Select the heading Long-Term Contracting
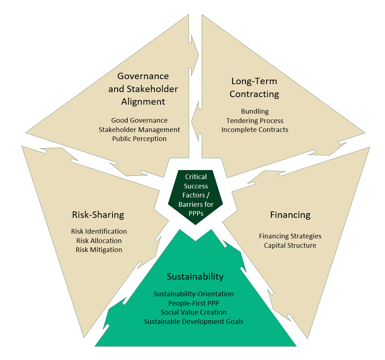click(x=254, y=87)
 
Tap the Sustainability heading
click(x=195, y=277)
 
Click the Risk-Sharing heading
click(x=98, y=215)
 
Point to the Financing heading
click(x=290, y=215)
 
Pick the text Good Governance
click(x=139, y=121)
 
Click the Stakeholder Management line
click(x=139, y=130)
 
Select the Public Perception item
click(x=139, y=139)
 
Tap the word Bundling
click(x=255, y=111)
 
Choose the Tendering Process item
click(x=255, y=121)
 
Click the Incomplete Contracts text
click(x=255, y=130)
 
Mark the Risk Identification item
click(x=99, y=231)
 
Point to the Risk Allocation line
click(x=99, y=241)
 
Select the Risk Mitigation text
click(x=99, y=250)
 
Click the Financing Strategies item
click(x=290, y=236)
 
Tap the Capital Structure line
click(x=290, y=245)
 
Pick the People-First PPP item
click(x=194, y=303)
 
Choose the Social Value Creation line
click(x=194, y=312)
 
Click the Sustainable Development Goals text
click(x=194, y=321)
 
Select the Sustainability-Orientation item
click(x=194, y=294)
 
